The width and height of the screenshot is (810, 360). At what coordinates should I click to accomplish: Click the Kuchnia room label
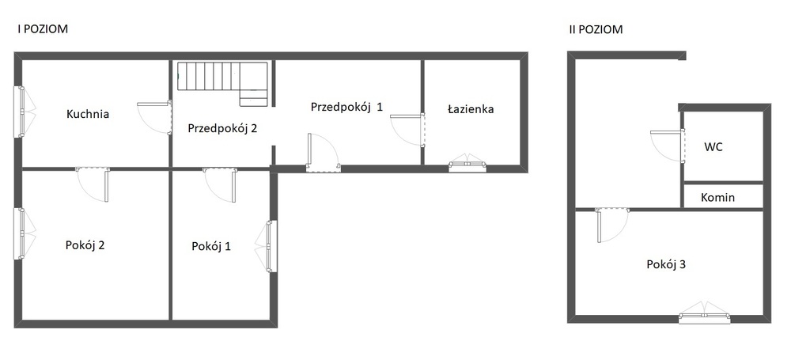coord(88,114)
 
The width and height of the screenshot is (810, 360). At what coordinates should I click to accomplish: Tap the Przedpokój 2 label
coord(222,129)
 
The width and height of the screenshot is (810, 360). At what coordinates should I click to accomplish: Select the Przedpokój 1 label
coord(346,107)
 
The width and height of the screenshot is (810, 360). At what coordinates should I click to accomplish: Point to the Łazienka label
coord(471,109)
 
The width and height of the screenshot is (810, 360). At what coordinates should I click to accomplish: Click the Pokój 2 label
coord(85,244)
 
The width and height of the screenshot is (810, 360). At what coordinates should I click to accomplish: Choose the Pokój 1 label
coord(211,246)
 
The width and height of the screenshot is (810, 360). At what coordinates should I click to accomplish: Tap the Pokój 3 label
coord(666,264)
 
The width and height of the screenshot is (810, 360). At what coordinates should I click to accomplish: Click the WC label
coord(713,146)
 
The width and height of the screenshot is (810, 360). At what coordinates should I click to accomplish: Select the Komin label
coord(718,197)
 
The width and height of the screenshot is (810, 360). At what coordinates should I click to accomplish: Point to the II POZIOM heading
coord(596,29)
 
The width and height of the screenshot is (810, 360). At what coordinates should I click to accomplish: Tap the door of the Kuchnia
coord(154,118)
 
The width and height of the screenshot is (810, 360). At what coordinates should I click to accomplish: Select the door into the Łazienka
coord(407,130)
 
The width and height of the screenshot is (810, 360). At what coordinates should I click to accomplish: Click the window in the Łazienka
coord(467,164)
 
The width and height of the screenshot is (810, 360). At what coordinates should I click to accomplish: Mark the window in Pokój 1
coord(267,246)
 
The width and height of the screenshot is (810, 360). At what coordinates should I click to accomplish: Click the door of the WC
coord(668,146)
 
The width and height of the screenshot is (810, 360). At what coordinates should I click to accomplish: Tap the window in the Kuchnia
coord(24,112)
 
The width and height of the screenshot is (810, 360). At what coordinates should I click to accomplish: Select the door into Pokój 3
coord(612,225)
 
